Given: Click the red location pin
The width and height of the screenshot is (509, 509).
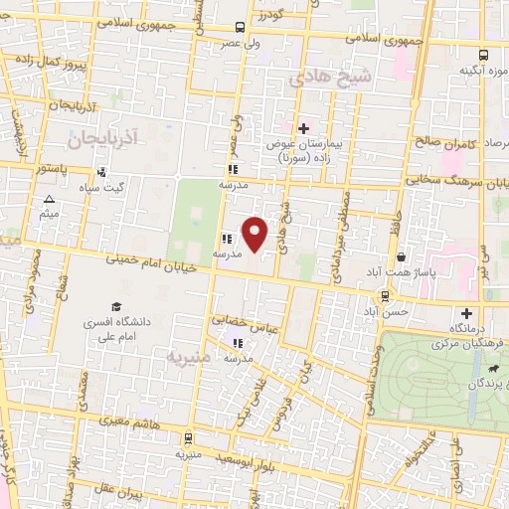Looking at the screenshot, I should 255,234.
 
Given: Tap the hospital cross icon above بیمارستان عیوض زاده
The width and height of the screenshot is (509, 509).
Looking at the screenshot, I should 303,128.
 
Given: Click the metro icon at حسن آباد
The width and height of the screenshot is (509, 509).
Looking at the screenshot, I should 385,295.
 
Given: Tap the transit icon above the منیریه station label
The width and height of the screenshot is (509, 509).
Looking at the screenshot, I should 187,437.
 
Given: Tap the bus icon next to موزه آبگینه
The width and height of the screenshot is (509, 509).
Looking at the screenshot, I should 483,56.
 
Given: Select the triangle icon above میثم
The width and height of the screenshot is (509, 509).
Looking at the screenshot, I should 49,200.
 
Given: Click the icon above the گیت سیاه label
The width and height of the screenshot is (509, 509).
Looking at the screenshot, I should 101,172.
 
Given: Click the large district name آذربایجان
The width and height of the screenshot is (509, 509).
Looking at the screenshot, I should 105,131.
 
